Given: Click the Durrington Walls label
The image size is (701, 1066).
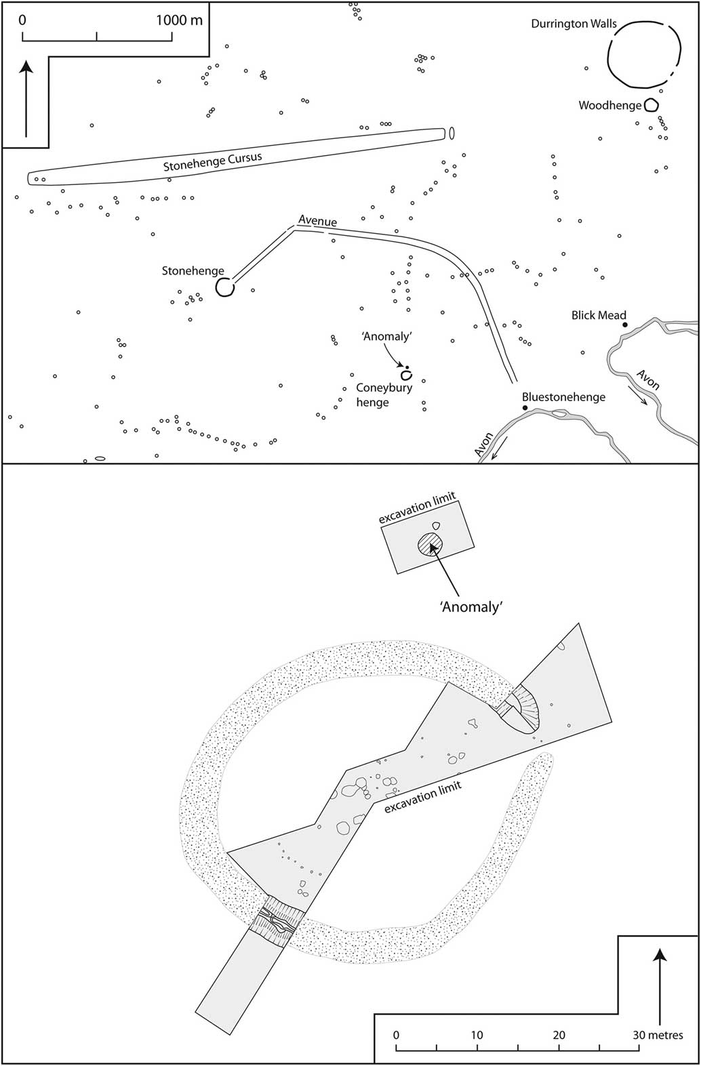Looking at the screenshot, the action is click(x=574, y=24).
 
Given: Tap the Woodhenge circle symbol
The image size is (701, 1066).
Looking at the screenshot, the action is click(x=651, y=105).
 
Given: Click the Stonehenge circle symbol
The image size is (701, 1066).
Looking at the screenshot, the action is click(x=225, y=287).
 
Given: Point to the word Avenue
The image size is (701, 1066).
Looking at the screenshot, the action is click(x=318, y=221).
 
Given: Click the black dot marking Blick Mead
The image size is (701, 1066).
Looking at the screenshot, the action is click(x=624, y=325).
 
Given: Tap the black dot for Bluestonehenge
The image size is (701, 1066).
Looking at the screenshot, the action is click(x=525, y=409).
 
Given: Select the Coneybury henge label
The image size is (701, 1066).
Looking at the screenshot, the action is click(x=384, y=395).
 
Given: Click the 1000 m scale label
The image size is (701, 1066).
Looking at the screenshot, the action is click(x=180, y=20).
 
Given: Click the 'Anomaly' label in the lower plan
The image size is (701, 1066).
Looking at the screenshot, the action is click(x=471, y=607).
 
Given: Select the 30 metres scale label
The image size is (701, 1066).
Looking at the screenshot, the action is click(x=658, y=1036).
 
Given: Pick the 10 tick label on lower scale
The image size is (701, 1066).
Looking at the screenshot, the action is click(x=477, y=1036).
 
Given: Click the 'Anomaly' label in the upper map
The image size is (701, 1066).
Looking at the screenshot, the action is click(x=386, y=336).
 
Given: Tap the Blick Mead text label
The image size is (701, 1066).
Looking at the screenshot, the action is click(x=599, y=315).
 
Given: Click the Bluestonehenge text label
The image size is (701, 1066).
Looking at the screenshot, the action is click(x=564, y=397).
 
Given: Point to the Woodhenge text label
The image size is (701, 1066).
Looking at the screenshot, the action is click(x=610, y=105).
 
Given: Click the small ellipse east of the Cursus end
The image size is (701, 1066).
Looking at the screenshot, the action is click(x=452, y=134).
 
